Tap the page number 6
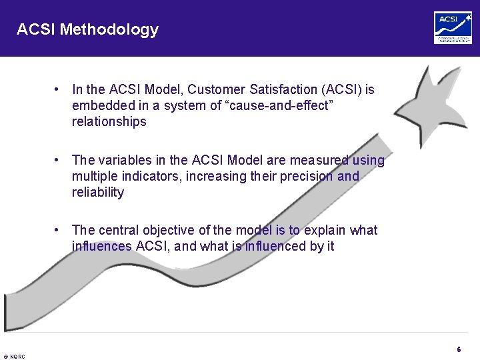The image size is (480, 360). pyautogui.click(x=459, y=349)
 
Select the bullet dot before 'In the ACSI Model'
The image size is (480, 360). pyautogui.click(x=59, y=89)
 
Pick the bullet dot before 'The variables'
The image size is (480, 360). pyautogui.click(x=59, y=160)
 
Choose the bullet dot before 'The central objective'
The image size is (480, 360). pyautogui.click(x=59, y=230)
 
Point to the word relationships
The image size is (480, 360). pyautogui.click(x=109, y=121)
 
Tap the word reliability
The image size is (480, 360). pyautogui.click(x=98, y=192)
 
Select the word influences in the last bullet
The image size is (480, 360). pyautogui.click(x=102, y=246)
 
